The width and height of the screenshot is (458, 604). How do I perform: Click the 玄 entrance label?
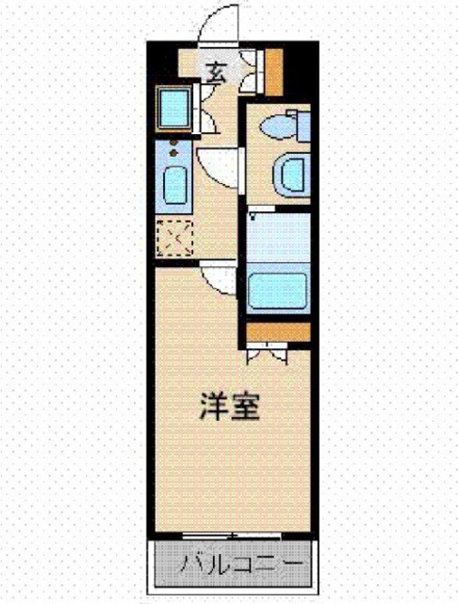(x=217, y=70)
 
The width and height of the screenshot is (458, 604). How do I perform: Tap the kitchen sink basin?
(x=174, y=184)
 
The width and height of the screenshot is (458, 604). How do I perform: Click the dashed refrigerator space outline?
(x=174, y=237)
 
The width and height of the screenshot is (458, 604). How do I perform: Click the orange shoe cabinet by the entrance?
(x=274, y=70)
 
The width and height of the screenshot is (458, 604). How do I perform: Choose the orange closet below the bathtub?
(x=278, y=332)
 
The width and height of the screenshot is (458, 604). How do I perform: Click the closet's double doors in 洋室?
(x=264, y=353)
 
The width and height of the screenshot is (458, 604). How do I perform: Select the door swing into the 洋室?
(x=219, y=277)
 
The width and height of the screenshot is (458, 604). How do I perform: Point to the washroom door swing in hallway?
(x=219, y=166)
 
